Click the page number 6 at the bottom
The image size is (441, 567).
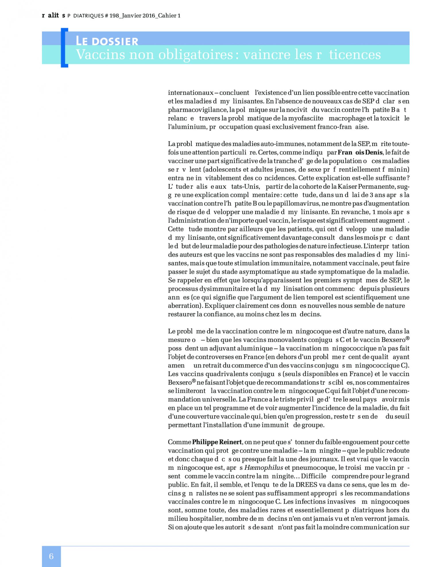point(51,556)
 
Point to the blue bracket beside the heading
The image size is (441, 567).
point(64,48)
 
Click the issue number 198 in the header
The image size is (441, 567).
point(114,16)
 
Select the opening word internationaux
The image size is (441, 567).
point(191,93)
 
